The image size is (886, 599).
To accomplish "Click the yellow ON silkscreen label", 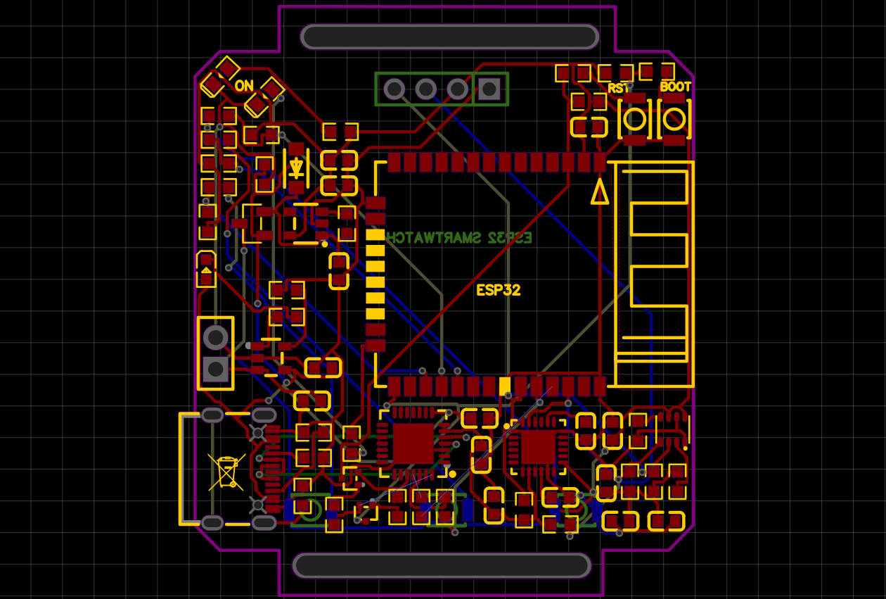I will [244, 86].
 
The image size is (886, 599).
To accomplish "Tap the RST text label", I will [618, 88].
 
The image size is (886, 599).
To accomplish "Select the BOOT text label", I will [675, 87].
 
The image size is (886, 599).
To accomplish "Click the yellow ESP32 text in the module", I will [499, 290].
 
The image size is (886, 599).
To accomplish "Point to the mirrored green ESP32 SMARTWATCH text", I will [460, 237].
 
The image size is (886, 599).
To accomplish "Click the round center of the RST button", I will [634, 119].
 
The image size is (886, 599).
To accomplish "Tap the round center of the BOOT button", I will [674, 119].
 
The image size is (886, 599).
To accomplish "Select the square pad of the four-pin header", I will [489, 89].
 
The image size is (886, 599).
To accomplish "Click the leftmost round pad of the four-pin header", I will [394, 89].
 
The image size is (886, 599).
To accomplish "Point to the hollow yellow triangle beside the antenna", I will [600, 191].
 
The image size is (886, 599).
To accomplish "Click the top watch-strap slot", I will [449, 37].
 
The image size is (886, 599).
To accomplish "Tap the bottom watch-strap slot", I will [442, 565].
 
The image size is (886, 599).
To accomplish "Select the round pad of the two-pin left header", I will [215, 338].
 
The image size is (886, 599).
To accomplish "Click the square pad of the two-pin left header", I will [215, 367].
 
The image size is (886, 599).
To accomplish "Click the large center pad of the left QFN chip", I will [413, 443].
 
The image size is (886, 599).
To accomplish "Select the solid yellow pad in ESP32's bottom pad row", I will [504, 386].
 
